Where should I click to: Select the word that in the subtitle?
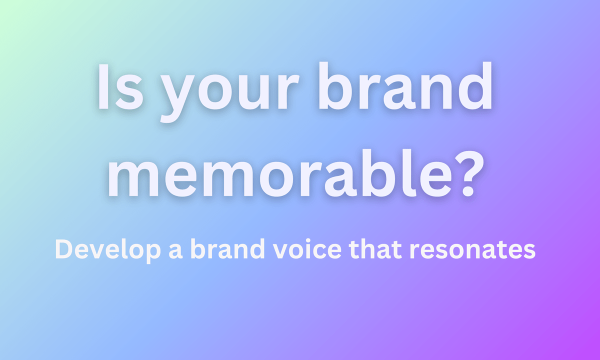pyautogui.click(x=380, y=248)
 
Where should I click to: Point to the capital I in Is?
pyautogui.click(x=103, y=87)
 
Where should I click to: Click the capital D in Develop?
pyautogui.click(x=62, y=248)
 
